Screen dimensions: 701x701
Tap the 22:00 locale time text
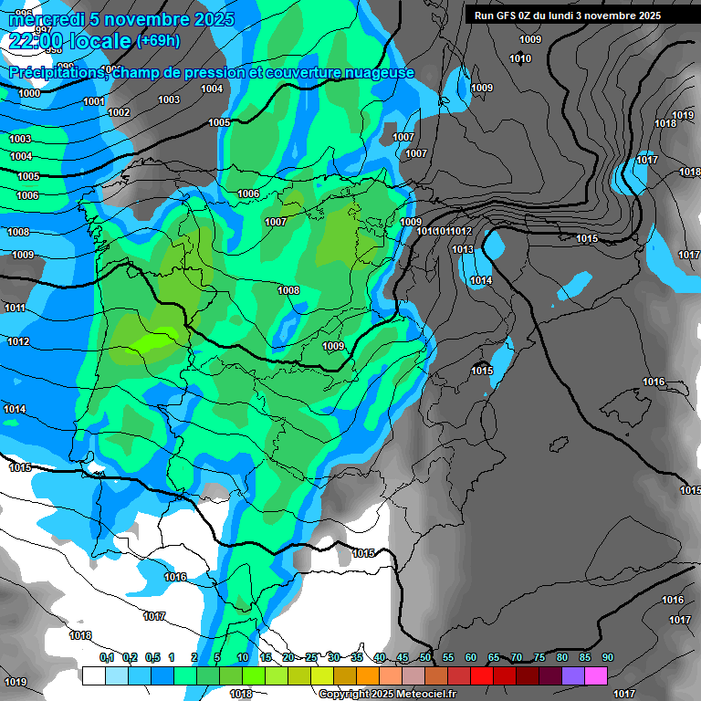tap(69, 41)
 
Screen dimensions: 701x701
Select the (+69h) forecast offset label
tap(158, 41)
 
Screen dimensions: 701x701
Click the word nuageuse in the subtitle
tap(376, 73)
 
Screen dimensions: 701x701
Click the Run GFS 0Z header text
tap(511, 16)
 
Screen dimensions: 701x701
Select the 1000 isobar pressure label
tap(29, 93)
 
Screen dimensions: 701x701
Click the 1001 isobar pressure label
tap(93, 101)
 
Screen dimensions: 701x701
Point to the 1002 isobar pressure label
tap(119, 112)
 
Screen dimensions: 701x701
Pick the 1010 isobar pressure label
tap(520, 59)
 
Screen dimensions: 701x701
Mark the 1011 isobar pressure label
tap(16, 309)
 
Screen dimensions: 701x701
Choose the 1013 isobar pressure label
tap(463, 249)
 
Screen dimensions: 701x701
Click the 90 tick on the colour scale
tap(607, 657)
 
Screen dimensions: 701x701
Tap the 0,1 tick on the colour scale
tap(107, 657)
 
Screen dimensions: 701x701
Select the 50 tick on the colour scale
tap(425, 657)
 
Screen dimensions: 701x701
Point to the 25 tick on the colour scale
tap(311, 657)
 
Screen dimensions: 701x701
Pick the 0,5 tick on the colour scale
tap(152, 657)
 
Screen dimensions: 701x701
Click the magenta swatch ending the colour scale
tap(596, 675)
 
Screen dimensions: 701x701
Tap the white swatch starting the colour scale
tap(93, 675)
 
